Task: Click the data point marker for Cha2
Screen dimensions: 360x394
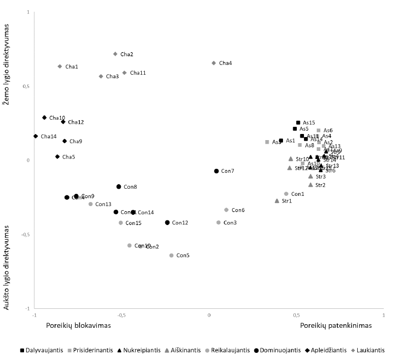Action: point(115,54)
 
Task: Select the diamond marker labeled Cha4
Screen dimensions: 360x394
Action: point(214,63)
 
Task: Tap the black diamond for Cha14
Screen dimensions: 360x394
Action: point(36,136)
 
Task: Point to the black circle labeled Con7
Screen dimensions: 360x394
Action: point(216,171)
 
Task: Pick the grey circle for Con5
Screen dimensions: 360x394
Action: point(171,255)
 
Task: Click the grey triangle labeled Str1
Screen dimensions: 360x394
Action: point(277,201)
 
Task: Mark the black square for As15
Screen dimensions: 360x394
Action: point(298,123)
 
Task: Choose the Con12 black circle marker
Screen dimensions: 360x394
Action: point(167,222)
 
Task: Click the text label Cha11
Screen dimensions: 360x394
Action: point(138,73)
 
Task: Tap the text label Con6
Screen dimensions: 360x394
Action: point(238,210)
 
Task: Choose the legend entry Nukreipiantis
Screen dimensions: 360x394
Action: point(140,350)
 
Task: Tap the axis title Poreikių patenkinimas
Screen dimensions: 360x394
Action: point(336,325)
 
